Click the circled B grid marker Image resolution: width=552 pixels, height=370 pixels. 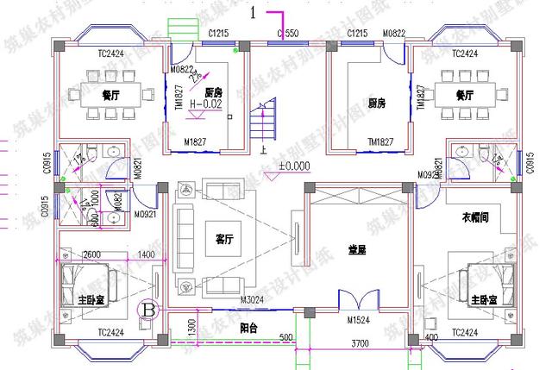coord(148,307)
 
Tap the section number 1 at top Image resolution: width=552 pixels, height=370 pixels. coord(253,12)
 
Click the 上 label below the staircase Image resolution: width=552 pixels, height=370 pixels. coord(262,147)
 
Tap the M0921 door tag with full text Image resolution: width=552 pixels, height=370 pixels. coord(146,215)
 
